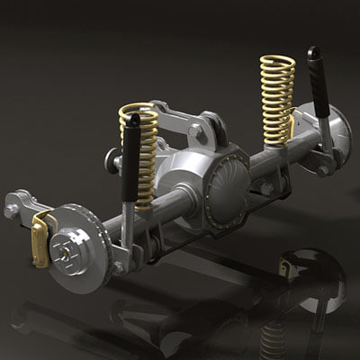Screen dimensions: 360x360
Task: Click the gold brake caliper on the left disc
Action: (40, 239)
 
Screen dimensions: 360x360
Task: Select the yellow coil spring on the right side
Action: (277, 99)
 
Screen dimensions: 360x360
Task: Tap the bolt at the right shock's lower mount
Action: (323, 170)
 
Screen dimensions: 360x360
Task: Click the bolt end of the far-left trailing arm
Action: (11, 211)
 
